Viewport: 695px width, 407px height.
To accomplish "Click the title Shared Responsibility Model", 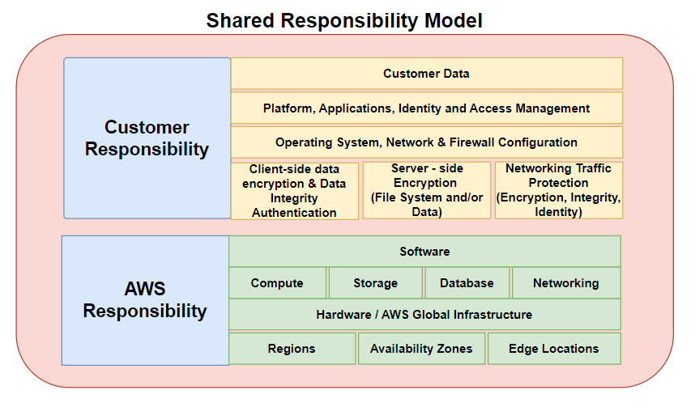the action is point(344,21).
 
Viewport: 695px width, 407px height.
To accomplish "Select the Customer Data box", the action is point(426,74).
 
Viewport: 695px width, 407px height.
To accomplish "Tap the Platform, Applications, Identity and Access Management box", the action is point(426,108).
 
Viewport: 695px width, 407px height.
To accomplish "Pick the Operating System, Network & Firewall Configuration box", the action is point(426,142).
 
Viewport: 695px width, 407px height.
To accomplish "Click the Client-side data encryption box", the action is point(294,191).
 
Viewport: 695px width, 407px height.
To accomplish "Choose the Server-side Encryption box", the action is point(427,190).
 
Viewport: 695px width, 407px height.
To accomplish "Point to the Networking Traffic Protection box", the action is point(558,190).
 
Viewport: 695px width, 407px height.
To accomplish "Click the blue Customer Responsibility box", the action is point(147,138).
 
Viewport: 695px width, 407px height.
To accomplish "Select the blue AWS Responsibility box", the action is point(145,300).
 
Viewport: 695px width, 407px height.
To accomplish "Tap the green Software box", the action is point(424,252).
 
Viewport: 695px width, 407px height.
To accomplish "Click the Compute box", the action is point(278,283).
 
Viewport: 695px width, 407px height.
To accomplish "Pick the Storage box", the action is point(375,283).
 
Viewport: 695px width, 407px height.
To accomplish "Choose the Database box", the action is point(467,283).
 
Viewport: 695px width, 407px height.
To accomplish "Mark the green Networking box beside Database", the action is point(566,283).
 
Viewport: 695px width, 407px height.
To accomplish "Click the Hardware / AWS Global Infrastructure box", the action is point(424,315).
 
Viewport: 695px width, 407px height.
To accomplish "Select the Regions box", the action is point(292,349).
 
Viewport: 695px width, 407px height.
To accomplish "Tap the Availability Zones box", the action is point(421,349).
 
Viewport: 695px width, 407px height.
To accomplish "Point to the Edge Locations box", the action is point(554,349).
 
